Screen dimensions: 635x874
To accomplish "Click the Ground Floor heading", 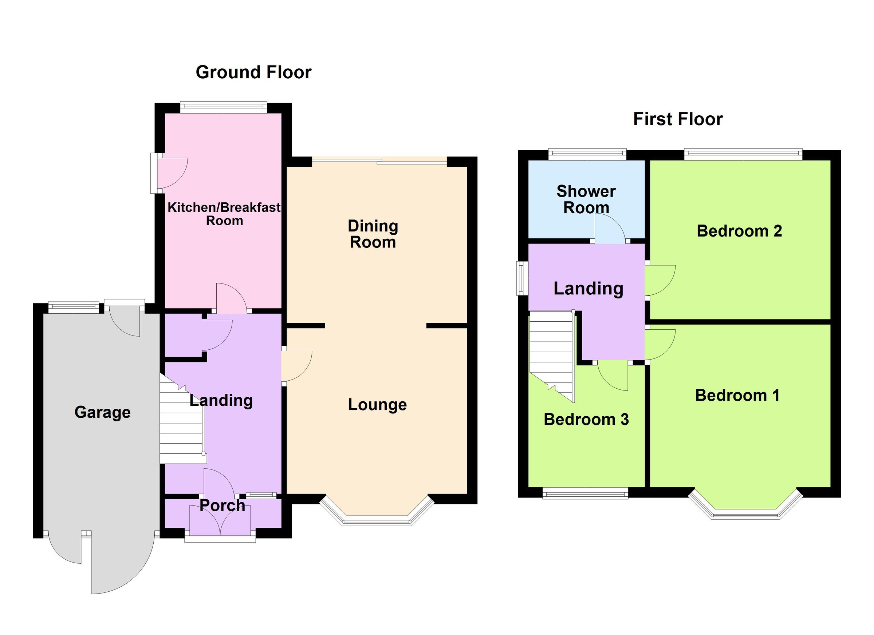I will pos(253,72).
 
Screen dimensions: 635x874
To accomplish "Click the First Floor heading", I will pos(677,119).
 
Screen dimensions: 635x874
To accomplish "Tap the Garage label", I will pos(102,412).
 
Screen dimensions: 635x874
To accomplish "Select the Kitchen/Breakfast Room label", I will pos(224,214).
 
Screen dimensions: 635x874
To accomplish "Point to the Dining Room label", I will pos(373,234).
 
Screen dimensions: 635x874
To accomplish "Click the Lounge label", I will pos(377,405).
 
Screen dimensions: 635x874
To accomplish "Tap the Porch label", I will pos(223,505).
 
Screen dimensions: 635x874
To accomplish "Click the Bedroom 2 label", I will pos(739,231).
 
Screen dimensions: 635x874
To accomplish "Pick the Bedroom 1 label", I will pos(737,396).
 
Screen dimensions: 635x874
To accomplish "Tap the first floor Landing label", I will pos(588,289).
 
